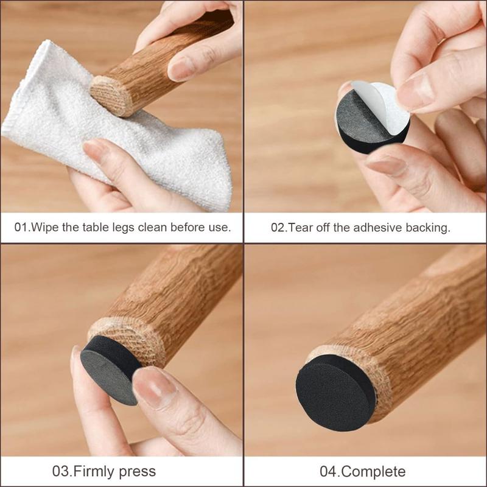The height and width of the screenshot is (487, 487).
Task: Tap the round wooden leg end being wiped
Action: (x=111, y=96)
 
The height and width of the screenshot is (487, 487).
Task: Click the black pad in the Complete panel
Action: (x=335, y=393)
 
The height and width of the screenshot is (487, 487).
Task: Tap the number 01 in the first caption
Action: (x=21, y=227)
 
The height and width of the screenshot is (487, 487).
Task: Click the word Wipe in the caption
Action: (x=46, y=227)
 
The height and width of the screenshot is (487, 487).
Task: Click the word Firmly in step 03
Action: (x=94, y=472)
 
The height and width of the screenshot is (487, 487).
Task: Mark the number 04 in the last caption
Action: (x=329, y=472)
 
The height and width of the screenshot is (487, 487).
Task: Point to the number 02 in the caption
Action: (x=278, y=228)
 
